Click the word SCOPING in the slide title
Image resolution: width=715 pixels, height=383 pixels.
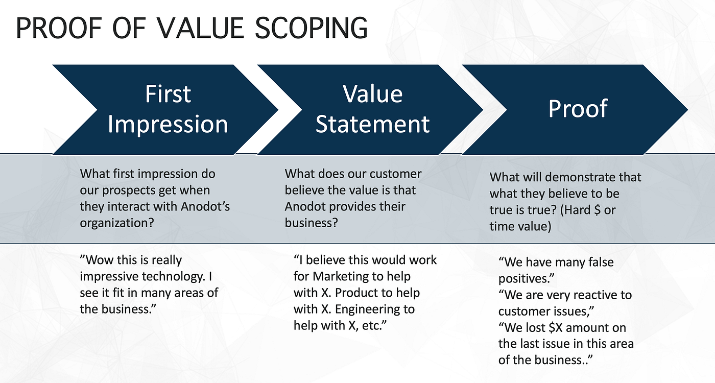point(311,28)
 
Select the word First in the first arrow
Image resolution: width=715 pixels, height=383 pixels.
point(168,94)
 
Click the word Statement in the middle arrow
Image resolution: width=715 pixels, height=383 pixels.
point(372,124)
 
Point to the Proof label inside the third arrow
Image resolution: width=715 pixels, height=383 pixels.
point(578,108)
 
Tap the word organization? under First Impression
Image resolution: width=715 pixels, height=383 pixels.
point(117,223)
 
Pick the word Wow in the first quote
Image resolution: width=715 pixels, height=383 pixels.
point(97,260)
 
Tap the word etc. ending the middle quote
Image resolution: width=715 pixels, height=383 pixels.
point(374,326)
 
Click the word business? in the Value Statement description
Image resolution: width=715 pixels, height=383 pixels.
point(311,223)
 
